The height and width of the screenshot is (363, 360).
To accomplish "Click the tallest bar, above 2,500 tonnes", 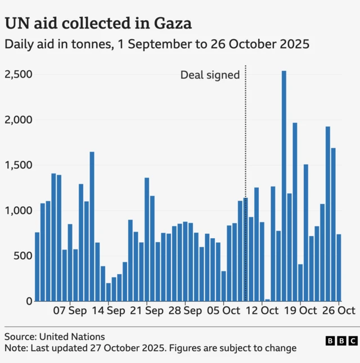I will [284, 185].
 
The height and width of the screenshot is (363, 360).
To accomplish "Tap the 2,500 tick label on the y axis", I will [18, 75].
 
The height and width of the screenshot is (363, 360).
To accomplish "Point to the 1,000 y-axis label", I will [18, 211].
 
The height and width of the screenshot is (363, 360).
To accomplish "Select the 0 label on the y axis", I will [29, 302].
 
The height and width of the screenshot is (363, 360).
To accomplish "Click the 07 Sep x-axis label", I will [70, 310].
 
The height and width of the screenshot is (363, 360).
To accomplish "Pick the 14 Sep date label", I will [108, 310].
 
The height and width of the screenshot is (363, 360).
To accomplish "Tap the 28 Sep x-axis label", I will [185, 310].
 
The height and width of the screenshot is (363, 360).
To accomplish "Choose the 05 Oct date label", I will [223, 310].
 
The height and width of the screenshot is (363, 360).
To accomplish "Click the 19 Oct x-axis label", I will [300, 310].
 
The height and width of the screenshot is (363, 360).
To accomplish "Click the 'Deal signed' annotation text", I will [210, 75].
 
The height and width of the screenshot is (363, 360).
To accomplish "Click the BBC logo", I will [341, 341].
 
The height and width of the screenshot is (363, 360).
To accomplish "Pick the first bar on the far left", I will [37, 266].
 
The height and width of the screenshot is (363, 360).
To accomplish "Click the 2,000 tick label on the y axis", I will [18, 120].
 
